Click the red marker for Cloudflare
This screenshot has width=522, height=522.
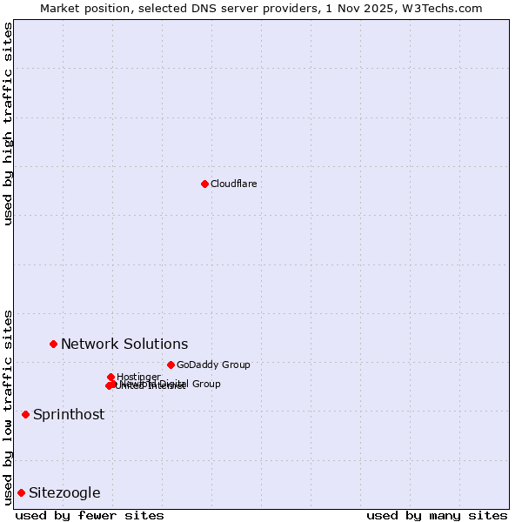[x=204, y=184]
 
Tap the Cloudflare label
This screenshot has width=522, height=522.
[x=233, y=184]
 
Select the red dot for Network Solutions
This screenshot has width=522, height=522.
[x=53, y=344]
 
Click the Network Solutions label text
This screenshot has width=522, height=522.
[x=124, y=344]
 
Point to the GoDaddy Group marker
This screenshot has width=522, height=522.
[x=171, y=365]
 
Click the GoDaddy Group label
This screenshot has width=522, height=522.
[x=212, y=365]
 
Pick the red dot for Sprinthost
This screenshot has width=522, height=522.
[x=25, y=414]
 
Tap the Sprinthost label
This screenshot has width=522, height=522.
[x=68, y=414]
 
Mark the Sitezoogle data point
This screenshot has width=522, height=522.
[x=21, y=492]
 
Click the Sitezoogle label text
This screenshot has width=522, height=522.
[x=64, y=492]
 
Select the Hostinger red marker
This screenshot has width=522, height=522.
[x=110, y=377]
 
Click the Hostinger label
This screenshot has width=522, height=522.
[x=138, y=377]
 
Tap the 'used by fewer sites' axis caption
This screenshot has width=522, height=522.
[x=90, y=515]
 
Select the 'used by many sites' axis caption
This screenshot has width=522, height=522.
[x=437, y=515]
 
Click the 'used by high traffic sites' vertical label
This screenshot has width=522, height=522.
[x=8, y=124]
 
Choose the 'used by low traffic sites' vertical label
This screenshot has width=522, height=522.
[x=8, y=406]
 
